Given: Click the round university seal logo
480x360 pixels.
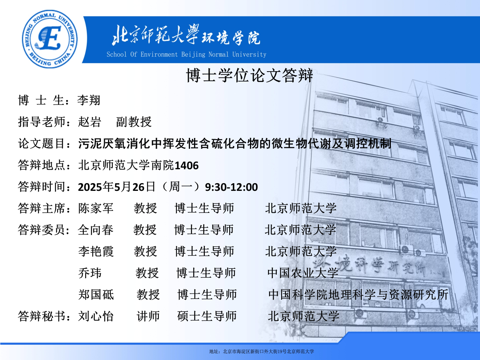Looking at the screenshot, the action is (x=50, y=39).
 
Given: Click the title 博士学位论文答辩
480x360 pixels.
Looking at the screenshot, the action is (x=250, y=76).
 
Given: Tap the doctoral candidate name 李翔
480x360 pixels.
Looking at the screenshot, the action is (x=89, y=100).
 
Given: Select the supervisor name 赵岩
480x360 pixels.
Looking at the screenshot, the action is (x=90, y=122).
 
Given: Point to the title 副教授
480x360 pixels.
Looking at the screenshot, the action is (x=134, y=122).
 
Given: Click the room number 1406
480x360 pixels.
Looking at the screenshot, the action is (x=186, y=166).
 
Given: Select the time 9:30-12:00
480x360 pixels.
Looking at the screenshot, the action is (x=231, y=187).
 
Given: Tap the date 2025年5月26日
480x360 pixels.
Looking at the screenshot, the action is (x=116, y=187).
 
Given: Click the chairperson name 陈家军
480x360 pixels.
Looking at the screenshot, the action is (x=96, y=208).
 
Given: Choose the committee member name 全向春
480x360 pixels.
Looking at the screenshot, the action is (x=96, y=230).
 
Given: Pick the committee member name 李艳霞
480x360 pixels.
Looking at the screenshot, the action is (x=96, y=251).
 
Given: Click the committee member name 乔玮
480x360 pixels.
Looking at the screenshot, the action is (x=90, y=273).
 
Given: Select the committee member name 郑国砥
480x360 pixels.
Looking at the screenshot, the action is (x=96, y=294).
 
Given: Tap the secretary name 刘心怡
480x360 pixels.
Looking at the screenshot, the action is (x=96, y=316).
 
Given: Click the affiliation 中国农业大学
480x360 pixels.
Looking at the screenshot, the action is (x=303, y=273).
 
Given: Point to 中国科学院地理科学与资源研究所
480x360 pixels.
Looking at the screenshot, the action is (x=358, y=294).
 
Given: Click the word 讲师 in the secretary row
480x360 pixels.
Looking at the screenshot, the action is (x=148, y=316).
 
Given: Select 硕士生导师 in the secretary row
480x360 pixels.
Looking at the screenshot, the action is (x=207, y=316).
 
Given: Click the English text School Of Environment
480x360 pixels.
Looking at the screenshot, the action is (x=142, y=54).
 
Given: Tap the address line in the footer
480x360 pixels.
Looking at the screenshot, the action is (x=262, y=352).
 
